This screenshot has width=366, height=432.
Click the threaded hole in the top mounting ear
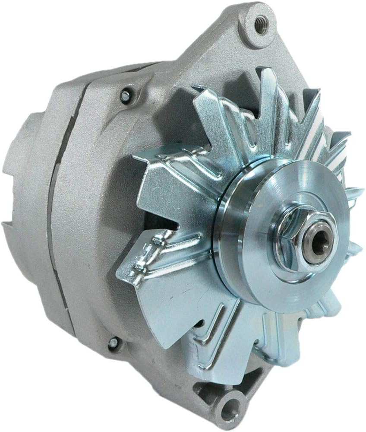(261, 25)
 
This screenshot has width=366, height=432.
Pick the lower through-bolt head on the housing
(113, 343)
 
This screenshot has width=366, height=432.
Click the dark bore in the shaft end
(319, 244)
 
